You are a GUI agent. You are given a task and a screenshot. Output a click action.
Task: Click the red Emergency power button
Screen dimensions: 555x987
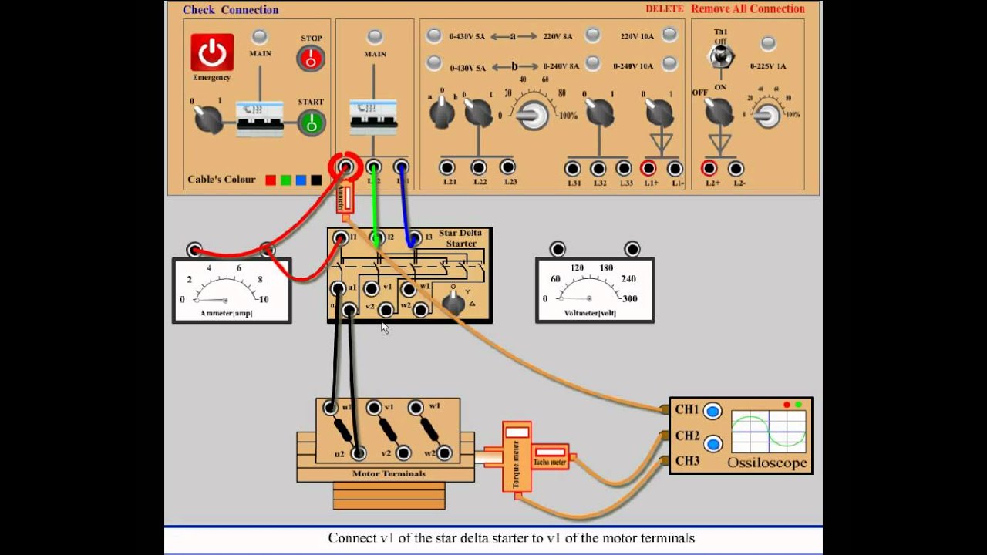pyautogui.click(x=212, y=52)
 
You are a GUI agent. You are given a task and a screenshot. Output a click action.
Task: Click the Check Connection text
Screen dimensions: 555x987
pyautogui.click(x=231, y=10)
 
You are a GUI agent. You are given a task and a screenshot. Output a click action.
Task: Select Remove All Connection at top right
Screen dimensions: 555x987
pyautogui.click(x=747, y=9)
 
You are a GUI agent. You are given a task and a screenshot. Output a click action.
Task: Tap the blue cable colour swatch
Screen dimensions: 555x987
pyautogui.click(x=301, y=180)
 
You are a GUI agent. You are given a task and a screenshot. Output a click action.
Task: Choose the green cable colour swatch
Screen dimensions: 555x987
pyautogui.click(x=285, y=180)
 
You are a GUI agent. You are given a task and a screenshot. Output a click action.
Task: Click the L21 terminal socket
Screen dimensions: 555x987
pyautogui.click(x=447, y=167)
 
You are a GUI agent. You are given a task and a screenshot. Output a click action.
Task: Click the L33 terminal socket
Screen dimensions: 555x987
pyautogui.click(x=624, y=168)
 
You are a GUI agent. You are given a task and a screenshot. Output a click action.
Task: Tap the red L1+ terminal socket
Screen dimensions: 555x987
pyautogui.click(x=648, y=168)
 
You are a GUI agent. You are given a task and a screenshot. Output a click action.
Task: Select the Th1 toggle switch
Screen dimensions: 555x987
pyautogui.click(x=721, y=56)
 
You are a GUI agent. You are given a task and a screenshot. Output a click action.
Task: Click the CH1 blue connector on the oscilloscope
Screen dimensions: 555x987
pyautogui.click(x=712, y=411)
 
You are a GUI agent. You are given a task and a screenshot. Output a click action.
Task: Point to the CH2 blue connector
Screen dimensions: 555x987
pyautogui.click(x=712, y=444)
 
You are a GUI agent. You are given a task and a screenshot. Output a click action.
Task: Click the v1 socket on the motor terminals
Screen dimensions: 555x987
pyautogui.click(x=374, y=408)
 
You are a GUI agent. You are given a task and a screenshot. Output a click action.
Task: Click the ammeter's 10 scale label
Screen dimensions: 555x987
pyautogui.click(x=264, y=299)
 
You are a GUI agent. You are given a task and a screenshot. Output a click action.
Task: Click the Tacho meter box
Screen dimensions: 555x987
pyautogui.click(x=551, y=456)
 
